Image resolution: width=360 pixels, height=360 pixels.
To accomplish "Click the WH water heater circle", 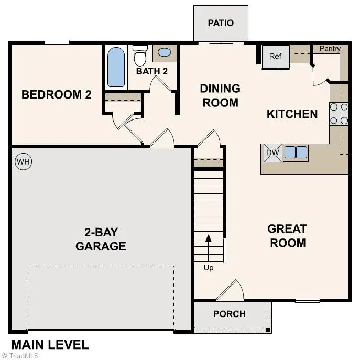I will coord(23,162).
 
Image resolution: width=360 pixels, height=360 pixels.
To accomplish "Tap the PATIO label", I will coord(220,23).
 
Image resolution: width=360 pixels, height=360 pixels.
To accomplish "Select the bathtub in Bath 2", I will coord(116,67).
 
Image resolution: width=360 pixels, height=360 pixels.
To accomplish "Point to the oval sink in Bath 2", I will coord(164,52).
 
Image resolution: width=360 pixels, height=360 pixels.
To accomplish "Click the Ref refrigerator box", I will coord(276,56).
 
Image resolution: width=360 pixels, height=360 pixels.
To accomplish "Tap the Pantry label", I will coord(330,49).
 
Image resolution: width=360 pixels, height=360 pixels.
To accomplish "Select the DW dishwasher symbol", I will coord(271,152).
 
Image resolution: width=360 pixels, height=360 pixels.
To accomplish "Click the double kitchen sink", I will coord(296,152).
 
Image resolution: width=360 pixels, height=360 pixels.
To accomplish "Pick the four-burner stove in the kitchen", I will coord(339,114).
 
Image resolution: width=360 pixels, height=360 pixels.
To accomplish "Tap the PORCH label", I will coord(230,314).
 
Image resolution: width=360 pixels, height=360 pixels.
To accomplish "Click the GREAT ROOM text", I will coord(287,236).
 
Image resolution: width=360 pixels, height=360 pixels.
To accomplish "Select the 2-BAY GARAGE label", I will coord(101,239).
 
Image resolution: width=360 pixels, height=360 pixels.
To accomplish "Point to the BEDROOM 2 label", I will coord(56,95).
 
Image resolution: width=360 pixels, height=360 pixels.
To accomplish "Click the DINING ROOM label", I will coord(220,95).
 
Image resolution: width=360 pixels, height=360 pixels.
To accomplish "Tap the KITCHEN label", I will coord(292,114).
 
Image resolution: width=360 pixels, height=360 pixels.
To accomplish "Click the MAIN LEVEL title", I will coord(50,345).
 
